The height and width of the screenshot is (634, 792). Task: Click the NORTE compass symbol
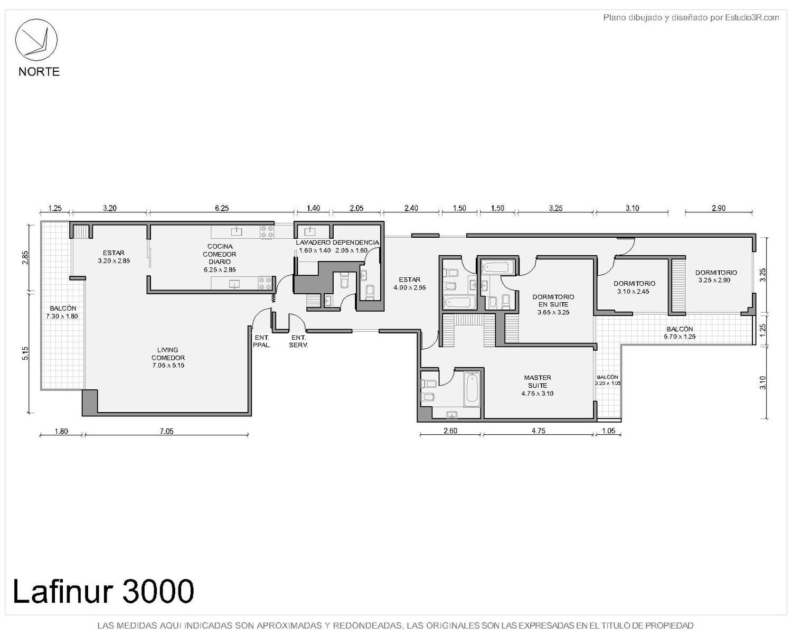(36, 40)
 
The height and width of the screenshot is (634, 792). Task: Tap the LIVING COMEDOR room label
(168, 357)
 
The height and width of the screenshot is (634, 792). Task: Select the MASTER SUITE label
(538, 385)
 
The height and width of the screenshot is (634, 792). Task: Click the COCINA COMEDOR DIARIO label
(220, 258)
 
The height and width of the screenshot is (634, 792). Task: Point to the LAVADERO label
(313, 243)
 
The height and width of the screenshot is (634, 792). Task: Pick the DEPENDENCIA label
(355, 243)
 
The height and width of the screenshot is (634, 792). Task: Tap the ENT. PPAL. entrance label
(262, 341)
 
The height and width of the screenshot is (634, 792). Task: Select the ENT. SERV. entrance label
(299, 341)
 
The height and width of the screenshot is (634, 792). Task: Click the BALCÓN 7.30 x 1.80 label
(62, 312)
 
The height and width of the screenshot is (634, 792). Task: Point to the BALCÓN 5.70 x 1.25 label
(680, 333)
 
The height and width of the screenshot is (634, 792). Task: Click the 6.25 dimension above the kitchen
(222, 208)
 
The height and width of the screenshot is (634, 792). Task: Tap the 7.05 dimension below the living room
(166, 431)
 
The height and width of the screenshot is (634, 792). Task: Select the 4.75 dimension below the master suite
(539, 431)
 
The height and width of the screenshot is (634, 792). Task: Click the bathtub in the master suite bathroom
(472, 389)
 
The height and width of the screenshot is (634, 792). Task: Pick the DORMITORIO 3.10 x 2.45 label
(634, 287)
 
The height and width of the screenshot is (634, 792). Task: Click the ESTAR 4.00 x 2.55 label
(410, 283)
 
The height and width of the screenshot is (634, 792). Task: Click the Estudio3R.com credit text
(752, 17)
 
